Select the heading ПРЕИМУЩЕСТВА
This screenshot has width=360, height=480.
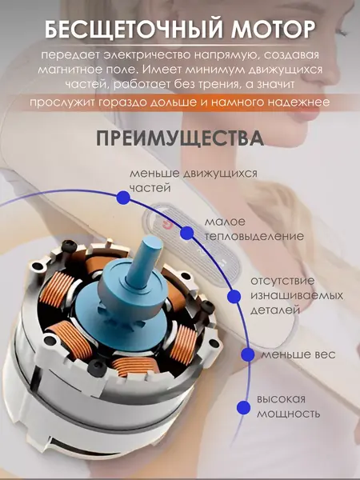(x=180, y=139)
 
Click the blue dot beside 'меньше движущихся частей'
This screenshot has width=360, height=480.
(x=123, y=198)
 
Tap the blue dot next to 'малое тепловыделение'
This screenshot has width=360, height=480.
(x=186, y=234)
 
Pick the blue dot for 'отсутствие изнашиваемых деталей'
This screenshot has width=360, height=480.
(x=234, y=296)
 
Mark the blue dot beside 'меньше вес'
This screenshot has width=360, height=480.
(x=248, y=354)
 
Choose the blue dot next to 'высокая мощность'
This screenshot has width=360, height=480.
(x=244, y=407)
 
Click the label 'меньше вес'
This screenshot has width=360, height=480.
(x=298, y=354)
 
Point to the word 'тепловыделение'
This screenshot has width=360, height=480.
(x=254, y=237)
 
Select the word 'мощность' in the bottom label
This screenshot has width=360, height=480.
(x=288, y=414)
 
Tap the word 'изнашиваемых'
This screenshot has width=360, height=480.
(x=297, y=296)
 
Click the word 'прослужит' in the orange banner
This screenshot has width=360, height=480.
(x=62, y=102)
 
